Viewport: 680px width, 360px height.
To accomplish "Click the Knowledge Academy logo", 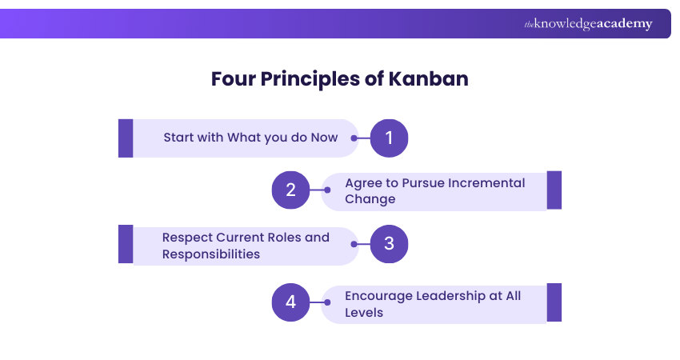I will click(x=588, y=24).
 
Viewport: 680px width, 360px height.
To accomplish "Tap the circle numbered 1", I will click(x=389, y=138).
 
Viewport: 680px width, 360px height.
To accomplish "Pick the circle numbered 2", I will click(x=290, y=190).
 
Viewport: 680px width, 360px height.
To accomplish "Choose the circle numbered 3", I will click(x=389, y=244).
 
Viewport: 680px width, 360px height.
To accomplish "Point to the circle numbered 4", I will click(x=290, y=302).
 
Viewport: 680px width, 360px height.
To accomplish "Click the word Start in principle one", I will click(x=179, y=138).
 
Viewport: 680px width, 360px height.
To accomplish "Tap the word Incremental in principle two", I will click(x=486, y=182).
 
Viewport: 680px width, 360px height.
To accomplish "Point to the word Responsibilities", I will click(x=210, y=254).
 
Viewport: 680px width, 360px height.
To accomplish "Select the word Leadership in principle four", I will click(x=450, y=296).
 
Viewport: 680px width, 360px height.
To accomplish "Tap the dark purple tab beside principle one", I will click(x=126, y=138).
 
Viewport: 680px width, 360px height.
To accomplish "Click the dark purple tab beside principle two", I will click(x=554, y=190).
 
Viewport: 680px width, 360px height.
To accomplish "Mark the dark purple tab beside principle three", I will click(x=126, y=244).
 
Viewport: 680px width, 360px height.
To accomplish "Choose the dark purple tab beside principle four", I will click(x=554, y=302).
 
